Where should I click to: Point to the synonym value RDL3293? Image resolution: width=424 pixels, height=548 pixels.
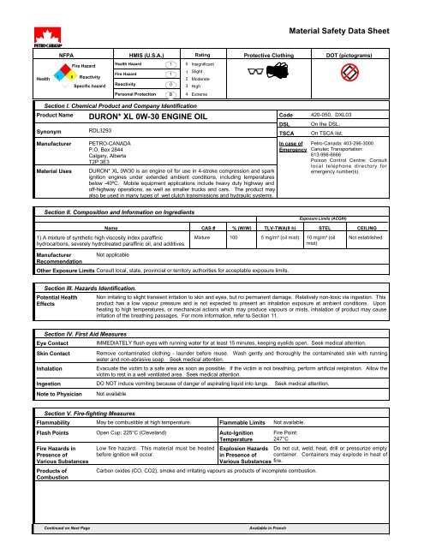tap(101, 156)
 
